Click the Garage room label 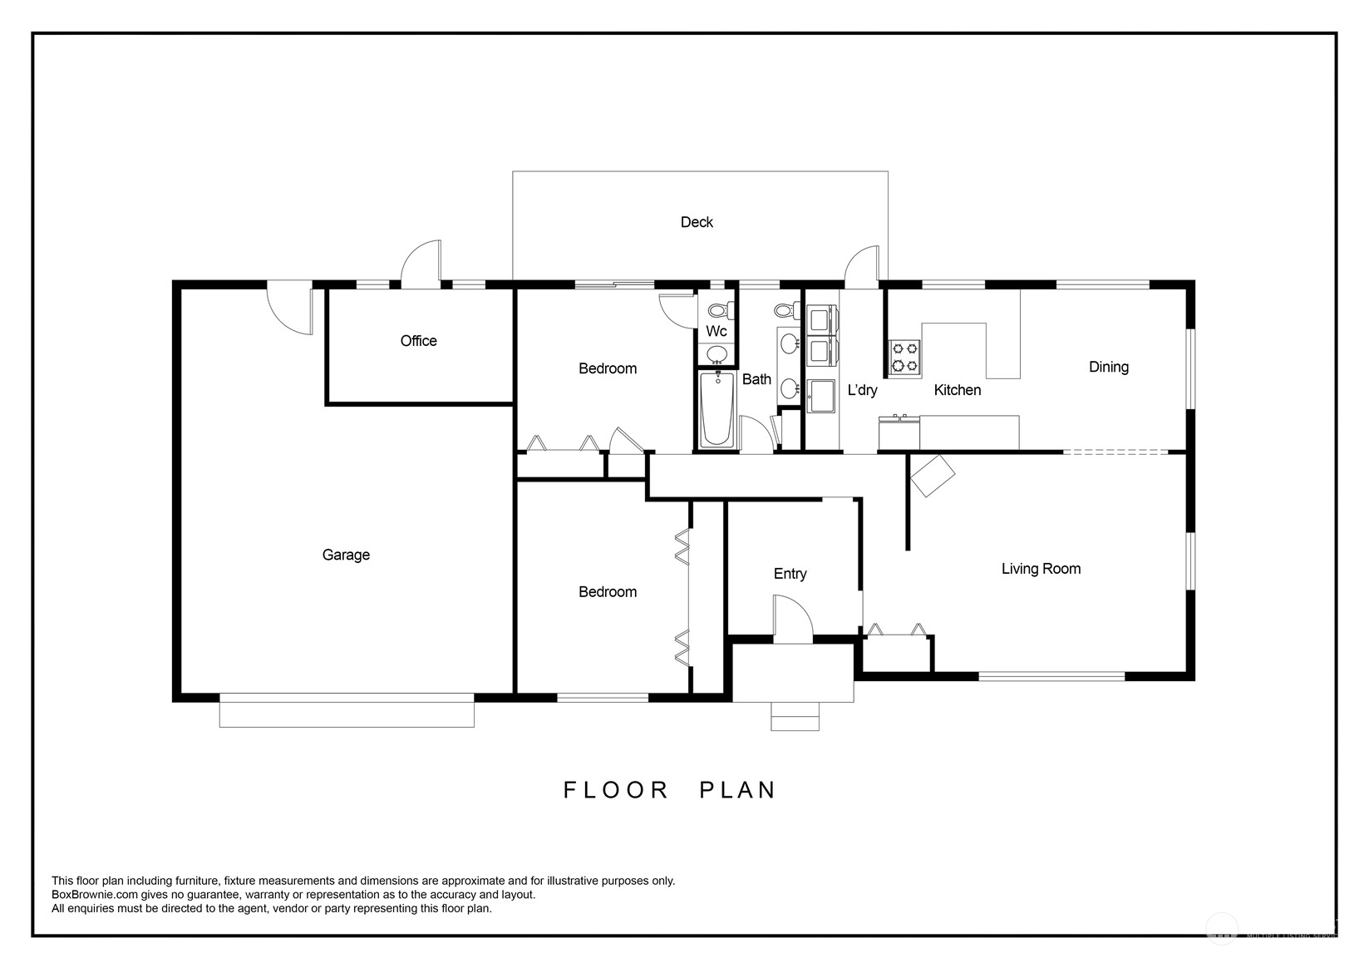pyautogui.click(x=346, y=555)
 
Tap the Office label pyautogui.click(x=418, y=341)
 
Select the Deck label pyautogui.click(x=697, y=222)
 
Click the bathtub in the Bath pyautogui.click(x=717, y=409)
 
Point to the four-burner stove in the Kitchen pyautogui.click(x=904, y=356)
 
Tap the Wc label pyautogui.click(x=717, y=331)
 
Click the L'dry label pyautogui.click(x=862, y=389)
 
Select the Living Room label pyautogui.click(x=1041, y=569)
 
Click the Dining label pyautogui.click(x=1108, y=367)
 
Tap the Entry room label pyautogui.click(x=790, y=574)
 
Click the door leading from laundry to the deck pyautogui.click(x=862, y=265)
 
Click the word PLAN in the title pyautogui.click(x=737, y=790)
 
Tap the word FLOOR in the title pyautogui.click(x=616, y=790)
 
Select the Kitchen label pyautogui.click(x=957, y=390)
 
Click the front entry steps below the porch pyautogui.click(x=795, y=717)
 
